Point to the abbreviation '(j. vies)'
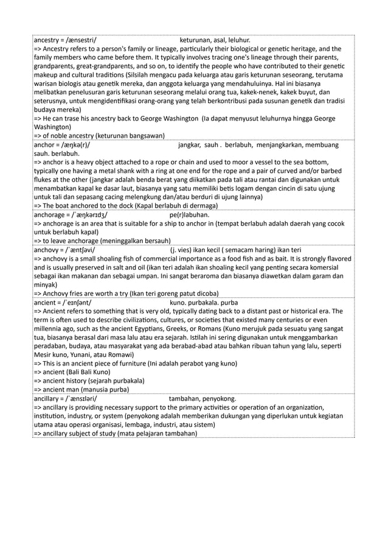point(185,250)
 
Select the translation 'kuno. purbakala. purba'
point(204,303)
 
